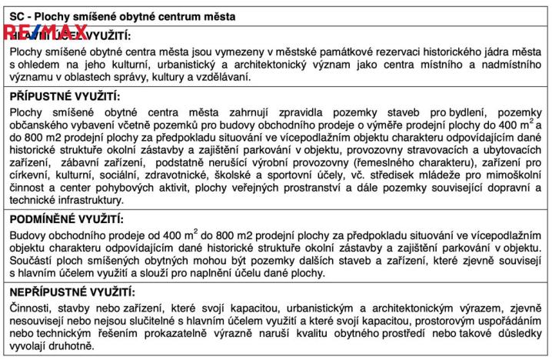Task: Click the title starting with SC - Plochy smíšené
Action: (123, 15)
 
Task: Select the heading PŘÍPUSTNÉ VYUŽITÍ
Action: (65, 96)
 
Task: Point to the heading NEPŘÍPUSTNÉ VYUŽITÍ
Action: (72, 292)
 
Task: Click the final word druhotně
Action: (81, 348)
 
